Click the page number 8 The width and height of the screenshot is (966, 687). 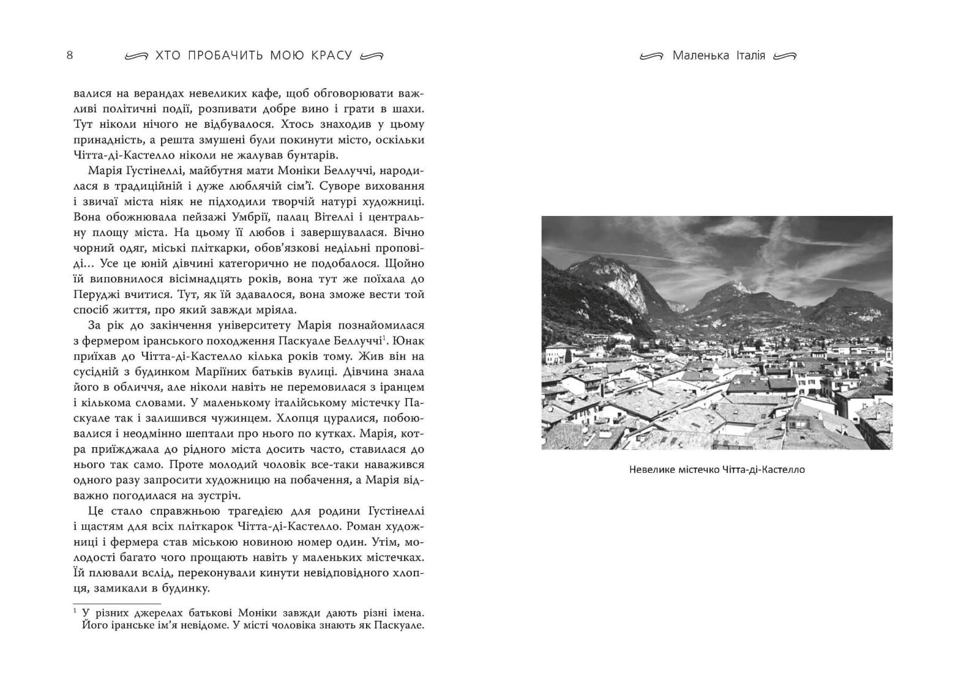click(70, 55)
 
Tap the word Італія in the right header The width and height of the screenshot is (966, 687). click(747, 56)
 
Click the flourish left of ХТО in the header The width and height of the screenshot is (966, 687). click(136, 56)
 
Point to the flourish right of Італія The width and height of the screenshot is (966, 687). click(785, 56)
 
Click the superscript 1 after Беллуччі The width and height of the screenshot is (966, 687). click(384, 338)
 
